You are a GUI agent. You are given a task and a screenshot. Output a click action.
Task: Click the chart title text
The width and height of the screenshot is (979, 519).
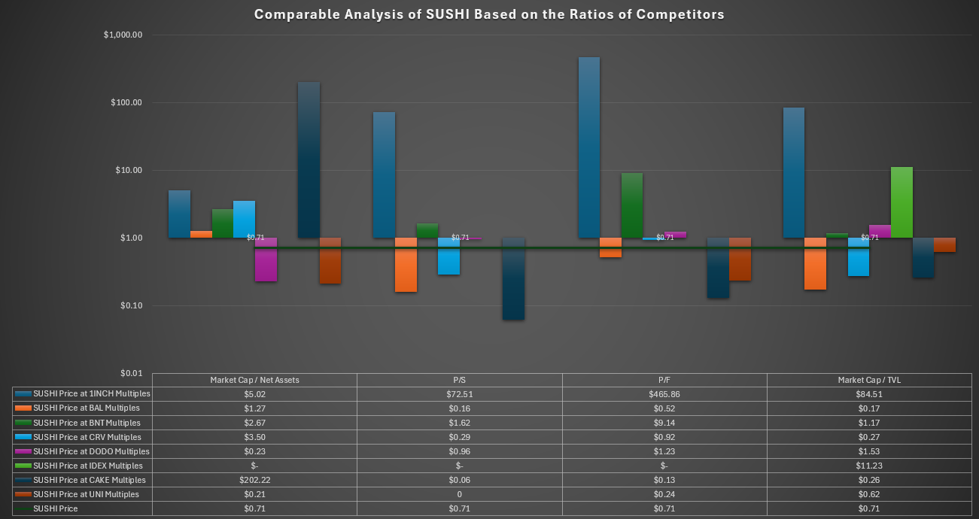[489, 14]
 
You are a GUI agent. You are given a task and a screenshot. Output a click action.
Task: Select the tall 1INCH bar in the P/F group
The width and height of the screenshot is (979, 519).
[589, 147]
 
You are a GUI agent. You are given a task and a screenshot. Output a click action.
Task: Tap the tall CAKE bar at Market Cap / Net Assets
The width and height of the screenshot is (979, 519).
[309, 159]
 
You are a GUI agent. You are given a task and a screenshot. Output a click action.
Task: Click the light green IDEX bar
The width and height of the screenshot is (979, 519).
[901, 202]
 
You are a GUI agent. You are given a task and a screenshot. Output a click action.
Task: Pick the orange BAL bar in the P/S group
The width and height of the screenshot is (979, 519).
[406, 265]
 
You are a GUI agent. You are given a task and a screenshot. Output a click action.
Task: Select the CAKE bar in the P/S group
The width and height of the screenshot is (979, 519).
[513, 278]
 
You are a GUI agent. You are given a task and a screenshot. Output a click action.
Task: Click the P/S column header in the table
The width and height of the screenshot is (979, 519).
[459, 380]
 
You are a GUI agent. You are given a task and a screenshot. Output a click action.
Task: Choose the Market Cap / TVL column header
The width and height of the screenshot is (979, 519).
[869, 380]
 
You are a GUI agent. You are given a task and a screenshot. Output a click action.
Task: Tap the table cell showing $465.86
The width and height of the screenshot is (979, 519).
[664, 394]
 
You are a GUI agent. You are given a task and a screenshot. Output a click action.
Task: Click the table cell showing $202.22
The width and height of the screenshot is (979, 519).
[254, 480]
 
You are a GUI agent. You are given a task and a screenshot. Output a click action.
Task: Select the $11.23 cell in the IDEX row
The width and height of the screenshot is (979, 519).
[869, 466]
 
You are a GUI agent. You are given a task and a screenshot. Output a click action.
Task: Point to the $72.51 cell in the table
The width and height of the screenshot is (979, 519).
[459, 394]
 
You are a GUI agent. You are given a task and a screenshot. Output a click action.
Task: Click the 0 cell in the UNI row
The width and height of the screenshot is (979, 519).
[459, 495]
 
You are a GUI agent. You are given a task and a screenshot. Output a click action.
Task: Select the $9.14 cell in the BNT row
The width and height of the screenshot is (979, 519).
[664, 423]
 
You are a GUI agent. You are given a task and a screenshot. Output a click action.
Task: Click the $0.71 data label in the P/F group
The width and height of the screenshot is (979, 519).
[665, 238]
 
